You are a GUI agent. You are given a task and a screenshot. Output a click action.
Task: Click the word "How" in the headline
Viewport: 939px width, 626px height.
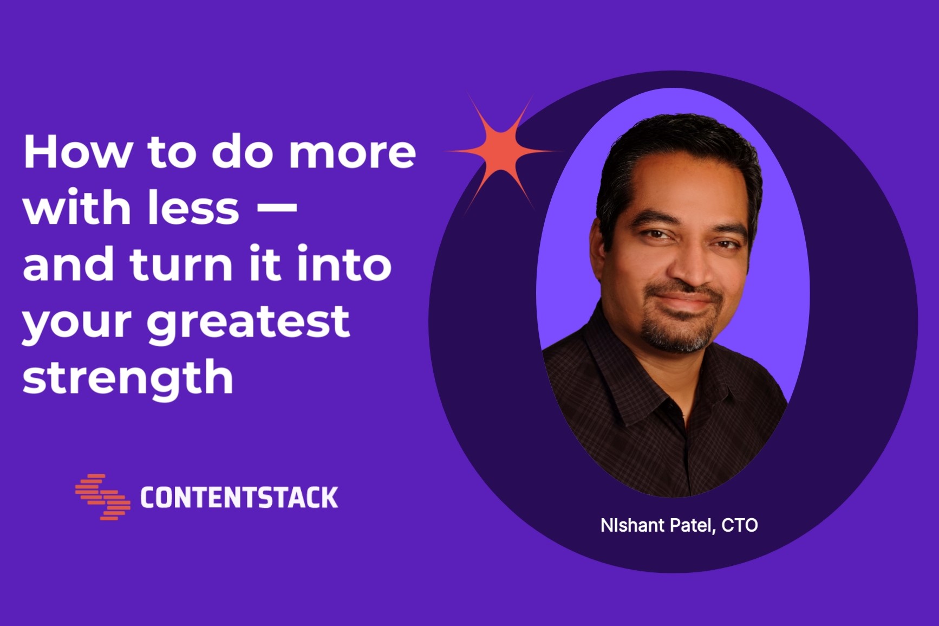tap(78, 152)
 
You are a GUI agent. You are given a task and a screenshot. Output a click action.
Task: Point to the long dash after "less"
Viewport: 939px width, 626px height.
tap(276, 206)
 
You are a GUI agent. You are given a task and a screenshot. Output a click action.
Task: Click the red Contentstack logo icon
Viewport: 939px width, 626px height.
tap(103, 497)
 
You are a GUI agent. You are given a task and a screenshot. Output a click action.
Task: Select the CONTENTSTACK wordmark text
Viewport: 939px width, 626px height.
tap(239, 498)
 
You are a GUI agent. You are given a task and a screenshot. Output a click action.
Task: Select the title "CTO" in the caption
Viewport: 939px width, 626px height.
tap(740, 525)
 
